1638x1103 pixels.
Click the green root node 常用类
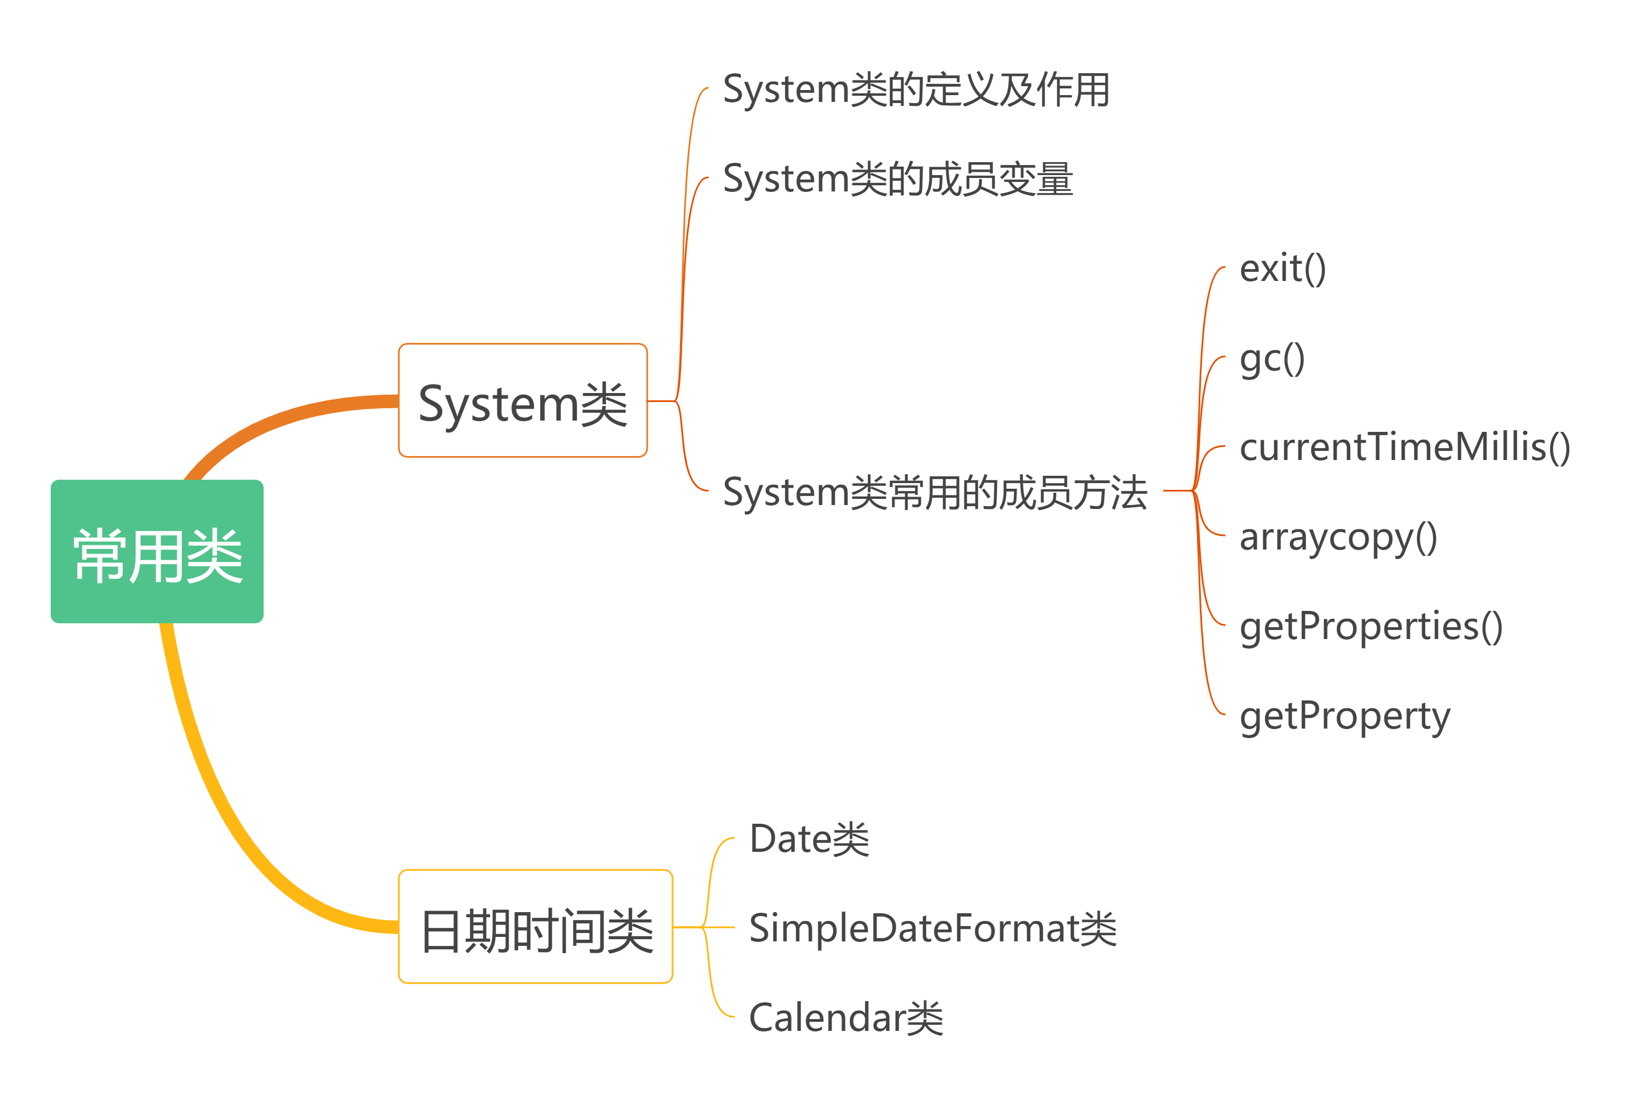pyautogui.click(x=157, y=552)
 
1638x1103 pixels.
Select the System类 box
pyautogui.click(x=522, y=400)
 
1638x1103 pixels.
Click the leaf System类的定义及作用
pyautogui.click(x=916, y=90)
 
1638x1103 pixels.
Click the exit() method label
pyautogui.click(x=1282, y=269)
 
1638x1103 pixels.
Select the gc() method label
pyautogui.click(x=1271, y=359)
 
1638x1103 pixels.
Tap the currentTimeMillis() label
pyautogui.click(x=1404, y=448)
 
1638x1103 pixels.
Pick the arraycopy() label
pyautogui.click(x=1338, y=538)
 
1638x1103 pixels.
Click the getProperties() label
pyautogui.click(x=1370, y=627)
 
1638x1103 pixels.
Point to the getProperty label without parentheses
pyautogui.click(x=1345, y=717)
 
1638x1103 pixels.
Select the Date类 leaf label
pyautogui.click(x=809, y=839)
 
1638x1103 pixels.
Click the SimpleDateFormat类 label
pyautogui.click(x=932, y=928)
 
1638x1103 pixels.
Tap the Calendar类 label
pyautogui.click(x=845, y=1018)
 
